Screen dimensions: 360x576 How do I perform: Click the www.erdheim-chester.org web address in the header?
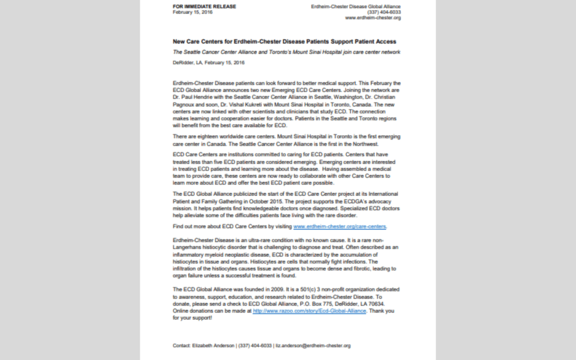pos(373,18)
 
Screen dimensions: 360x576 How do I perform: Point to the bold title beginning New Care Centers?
pos(284,41)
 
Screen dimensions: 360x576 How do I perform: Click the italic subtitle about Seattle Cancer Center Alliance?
pos(286,52)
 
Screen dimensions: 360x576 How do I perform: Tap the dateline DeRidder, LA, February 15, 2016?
pos(209,62)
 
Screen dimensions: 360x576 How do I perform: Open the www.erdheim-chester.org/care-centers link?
pos(340,227)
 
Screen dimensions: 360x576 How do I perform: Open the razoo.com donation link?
pos(309,311)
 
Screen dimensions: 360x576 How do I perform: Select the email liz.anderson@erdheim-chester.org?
pos(313,346)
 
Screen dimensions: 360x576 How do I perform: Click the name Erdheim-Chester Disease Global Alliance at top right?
pos(356,6)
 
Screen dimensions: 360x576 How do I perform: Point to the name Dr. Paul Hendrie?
pos(191,97)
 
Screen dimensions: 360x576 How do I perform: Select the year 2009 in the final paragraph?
pos(257,290)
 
